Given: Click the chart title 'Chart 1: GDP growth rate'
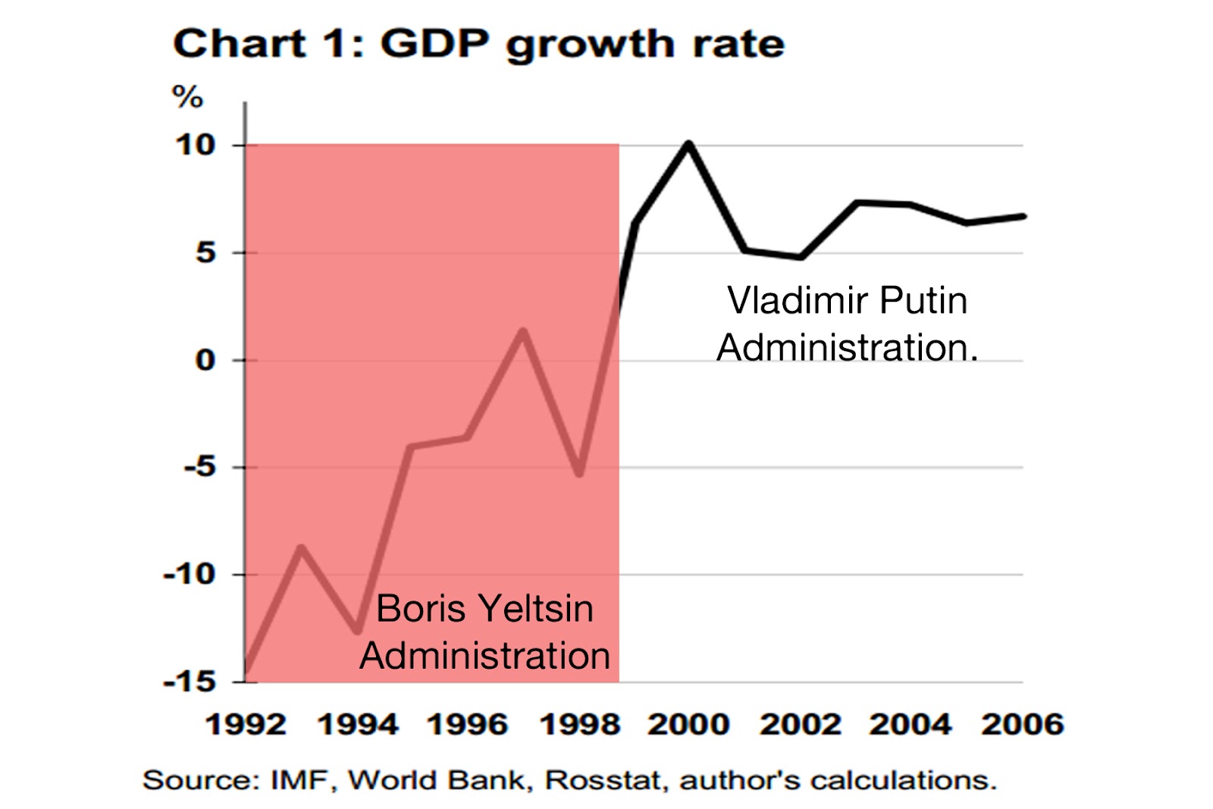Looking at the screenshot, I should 478,43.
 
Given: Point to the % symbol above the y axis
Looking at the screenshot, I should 187,97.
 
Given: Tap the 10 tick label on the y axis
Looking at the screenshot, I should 196,145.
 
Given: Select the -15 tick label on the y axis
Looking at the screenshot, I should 190,682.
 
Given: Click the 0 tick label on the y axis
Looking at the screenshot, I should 205,360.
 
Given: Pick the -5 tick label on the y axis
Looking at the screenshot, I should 199,467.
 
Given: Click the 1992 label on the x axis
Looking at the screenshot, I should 246,724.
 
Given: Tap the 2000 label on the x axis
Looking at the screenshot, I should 688,724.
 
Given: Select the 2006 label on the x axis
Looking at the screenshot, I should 1022,724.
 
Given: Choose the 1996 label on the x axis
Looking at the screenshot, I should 467,724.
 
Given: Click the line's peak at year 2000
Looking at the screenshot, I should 688,143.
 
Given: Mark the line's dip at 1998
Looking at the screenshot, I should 580,473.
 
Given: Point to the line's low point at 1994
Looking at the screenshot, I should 357,630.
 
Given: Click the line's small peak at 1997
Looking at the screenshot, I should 523,331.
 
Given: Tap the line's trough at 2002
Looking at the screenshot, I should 801,257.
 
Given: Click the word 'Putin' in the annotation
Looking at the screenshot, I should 923,300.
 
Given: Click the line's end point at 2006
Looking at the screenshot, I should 1023,217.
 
